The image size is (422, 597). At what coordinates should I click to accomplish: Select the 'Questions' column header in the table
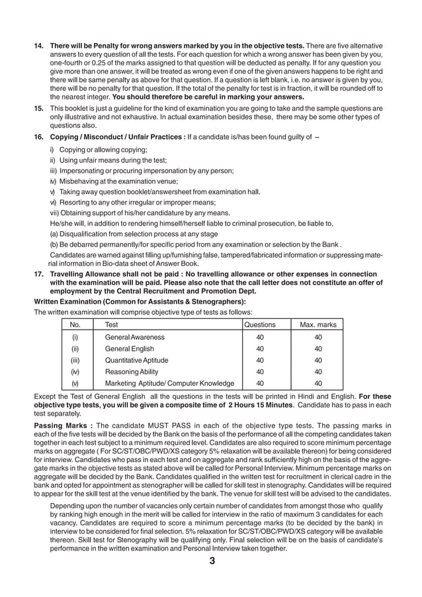[260, 325]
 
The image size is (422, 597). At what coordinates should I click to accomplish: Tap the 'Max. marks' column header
[318, 325]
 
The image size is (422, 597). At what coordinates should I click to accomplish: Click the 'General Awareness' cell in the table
[135, 337]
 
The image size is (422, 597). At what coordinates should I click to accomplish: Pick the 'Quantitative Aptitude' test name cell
[137, 360]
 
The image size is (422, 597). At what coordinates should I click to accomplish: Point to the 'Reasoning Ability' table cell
[132, 371]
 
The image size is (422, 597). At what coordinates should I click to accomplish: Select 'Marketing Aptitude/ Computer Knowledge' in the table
[169, 383]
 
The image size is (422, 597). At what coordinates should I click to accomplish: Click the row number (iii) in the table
[75, 360]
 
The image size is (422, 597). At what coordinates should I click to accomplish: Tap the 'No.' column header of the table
[75, 325]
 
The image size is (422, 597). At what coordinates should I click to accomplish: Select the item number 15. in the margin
[39, 107]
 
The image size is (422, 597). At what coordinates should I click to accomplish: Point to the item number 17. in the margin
[39, 273]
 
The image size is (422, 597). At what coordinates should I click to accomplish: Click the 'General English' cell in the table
[130, 349]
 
